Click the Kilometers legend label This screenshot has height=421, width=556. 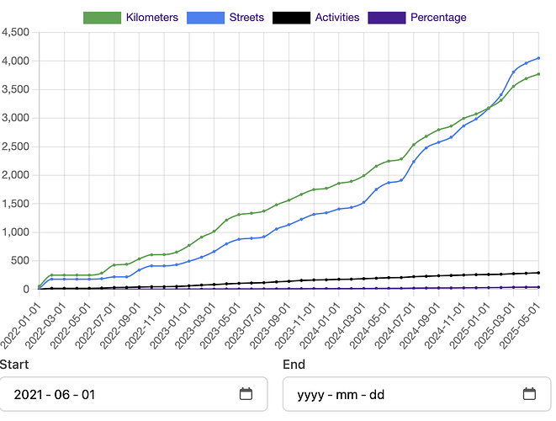(x=151, y=17)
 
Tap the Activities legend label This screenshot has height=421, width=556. (x=332, y=17)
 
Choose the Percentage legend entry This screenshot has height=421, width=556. (x=438, y=17)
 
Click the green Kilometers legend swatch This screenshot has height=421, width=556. (x=102, y=17)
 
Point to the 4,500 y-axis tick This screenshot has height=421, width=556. (x=16, y=33)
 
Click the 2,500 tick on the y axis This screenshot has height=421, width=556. (x=16, y=147)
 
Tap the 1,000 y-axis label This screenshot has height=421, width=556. (x=16, y=232)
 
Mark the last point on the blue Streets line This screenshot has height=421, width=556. (x=538, y=58)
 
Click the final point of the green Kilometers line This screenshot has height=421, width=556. (x=538, y=74)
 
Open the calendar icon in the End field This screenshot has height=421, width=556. (x=529, y=393)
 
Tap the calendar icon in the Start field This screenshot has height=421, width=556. (x=246, y=393)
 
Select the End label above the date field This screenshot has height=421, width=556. (x=294, y=365)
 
